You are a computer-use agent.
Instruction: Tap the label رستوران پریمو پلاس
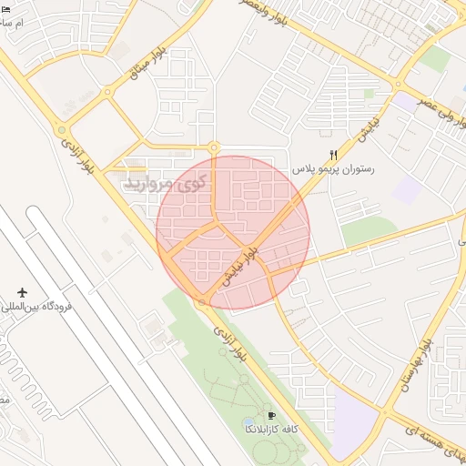(333, 169)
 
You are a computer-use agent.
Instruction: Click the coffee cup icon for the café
(270, 415)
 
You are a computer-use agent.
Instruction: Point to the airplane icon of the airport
(23, 292)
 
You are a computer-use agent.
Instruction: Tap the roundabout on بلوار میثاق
(107, 91)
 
